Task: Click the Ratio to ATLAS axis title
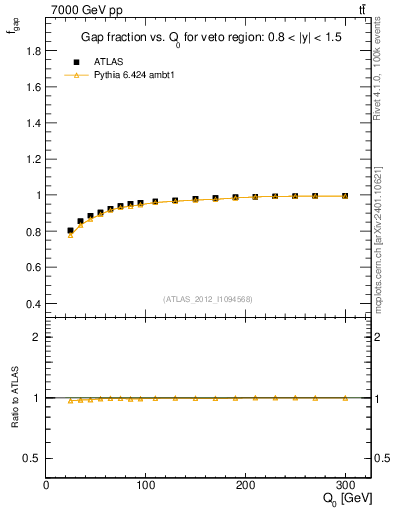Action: pyautogui.click(x=13, y=398)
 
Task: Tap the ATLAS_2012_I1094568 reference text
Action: pyautogui.click(x=207, y=299)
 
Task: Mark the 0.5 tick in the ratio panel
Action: pyautogui.click(x=31, y=458)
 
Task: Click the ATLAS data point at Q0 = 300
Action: pyautogui.click(x=345, y=196)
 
